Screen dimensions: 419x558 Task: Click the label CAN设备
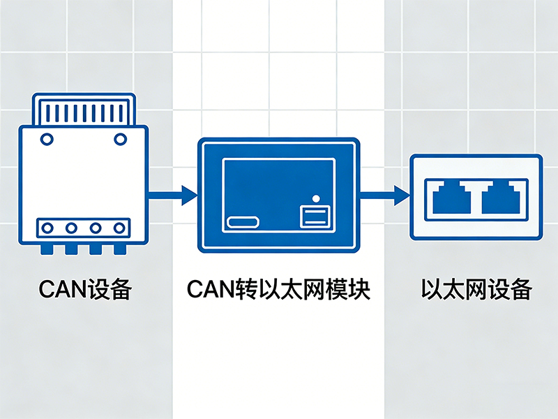[x=84, y=289]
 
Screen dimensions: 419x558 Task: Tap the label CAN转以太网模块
[x=279, y=289]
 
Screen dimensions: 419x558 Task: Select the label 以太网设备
[x=476, y=289]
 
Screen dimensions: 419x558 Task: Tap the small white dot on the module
[x=315, y=198]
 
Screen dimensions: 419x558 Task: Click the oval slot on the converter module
[x=243, y=223]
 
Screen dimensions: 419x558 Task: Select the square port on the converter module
[x=314, y=216]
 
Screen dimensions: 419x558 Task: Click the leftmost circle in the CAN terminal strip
[x=48, y=228]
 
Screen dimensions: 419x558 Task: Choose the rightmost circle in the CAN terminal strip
[x=119, y=228]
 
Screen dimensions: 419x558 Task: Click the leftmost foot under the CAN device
[x=48, y=249]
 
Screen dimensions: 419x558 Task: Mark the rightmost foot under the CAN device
[x=120, y=249]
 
